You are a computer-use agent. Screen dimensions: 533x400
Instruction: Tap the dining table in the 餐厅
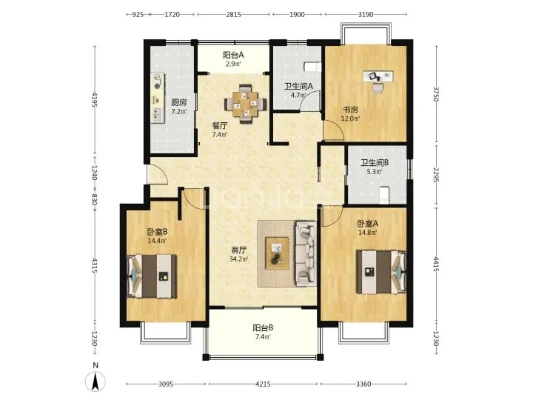(x=246, y=104)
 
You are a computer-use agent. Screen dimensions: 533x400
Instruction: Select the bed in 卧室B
(x=152, y=276)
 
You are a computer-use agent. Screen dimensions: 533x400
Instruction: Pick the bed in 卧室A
(x=381, y=272)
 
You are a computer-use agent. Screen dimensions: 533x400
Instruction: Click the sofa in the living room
(x=306, y=253)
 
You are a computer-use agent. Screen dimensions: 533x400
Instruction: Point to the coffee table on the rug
(x=278, y=253)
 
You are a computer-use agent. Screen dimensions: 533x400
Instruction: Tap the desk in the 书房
(x=378, y=76)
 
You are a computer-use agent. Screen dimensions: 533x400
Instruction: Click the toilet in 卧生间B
(x=383, y=195)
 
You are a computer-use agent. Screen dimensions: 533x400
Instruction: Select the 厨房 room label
(x=179, y=102)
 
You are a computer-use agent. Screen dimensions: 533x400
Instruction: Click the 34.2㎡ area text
(x=238, y=259)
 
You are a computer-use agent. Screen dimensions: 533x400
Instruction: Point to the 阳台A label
(x=233, y=55)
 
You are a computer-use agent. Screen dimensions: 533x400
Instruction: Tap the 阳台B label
(x=263, y=328)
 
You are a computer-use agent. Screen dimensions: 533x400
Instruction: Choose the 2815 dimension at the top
(x=233, y=15)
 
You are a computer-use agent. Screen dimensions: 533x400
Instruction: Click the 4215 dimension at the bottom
(x=263, y=384)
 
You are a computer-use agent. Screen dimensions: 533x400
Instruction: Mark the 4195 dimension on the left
(x=95, y=100)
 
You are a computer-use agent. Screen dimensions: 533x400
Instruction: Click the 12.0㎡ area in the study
(x=350, y=119)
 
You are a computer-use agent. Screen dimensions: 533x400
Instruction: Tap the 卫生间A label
(x=298, y=87)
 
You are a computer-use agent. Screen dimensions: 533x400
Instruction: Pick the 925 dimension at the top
(x=138, y=15)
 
